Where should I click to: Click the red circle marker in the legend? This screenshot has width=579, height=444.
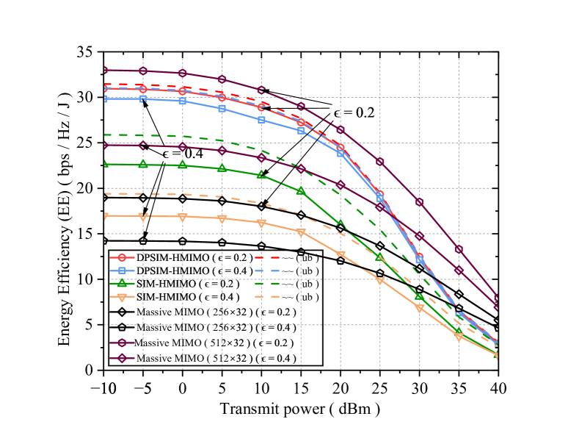(122, 257)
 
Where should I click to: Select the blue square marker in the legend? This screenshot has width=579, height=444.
(122, 271)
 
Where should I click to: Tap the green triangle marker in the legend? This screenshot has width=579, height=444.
(122, 283)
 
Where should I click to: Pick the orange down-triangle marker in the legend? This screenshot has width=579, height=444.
(122, 297)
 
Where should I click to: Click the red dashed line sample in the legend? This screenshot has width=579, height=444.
(267, 257)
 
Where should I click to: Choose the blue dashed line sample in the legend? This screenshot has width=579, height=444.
(267, 271)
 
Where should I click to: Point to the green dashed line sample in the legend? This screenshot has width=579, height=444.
(267, 283)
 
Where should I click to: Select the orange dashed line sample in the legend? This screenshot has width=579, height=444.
(267, 297)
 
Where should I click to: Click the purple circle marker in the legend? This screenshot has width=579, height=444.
(122, 343)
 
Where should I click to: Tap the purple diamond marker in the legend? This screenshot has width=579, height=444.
(122, 358)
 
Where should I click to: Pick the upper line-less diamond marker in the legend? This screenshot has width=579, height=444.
(122, 312)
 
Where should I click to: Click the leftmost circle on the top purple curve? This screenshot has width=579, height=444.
(104, 70)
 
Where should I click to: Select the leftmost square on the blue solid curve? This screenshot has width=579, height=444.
(104, 99)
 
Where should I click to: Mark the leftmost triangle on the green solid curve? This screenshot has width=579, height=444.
(104, 164)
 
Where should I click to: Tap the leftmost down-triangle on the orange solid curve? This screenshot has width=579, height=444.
(104, 216)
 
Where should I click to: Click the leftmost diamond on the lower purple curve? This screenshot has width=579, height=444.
(104, 146)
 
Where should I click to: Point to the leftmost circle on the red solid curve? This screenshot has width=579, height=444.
(104, 88)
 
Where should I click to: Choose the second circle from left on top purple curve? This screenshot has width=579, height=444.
(143, 71)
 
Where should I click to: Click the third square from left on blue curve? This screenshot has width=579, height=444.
(183, 101)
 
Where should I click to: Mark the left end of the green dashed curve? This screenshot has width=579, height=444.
(105, 135)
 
